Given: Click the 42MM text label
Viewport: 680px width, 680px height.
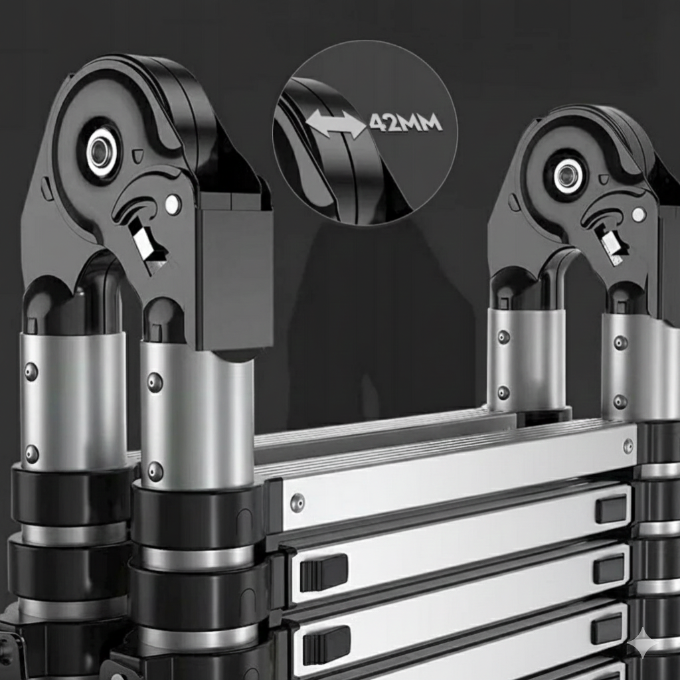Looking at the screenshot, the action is tap(406, 123).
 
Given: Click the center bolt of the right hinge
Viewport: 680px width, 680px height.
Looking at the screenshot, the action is tap(566, 175).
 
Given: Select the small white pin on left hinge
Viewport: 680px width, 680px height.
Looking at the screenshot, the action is tap(173, 203).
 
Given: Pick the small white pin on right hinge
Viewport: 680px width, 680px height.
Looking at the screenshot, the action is tap(638, 213).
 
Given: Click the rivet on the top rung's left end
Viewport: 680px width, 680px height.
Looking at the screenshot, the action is tap(297, 502).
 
